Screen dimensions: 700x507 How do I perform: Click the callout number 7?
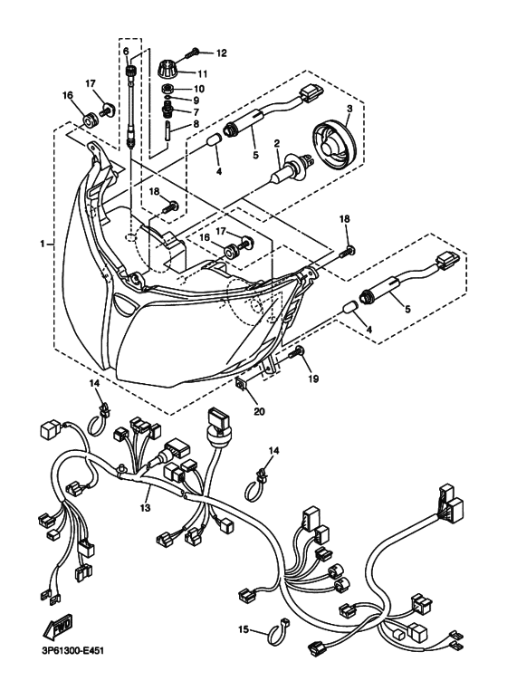197,113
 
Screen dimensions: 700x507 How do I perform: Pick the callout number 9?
197,101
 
